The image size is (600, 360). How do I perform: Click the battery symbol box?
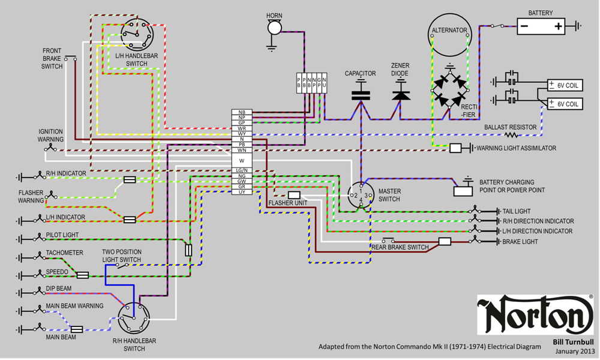click(x=541, y=26)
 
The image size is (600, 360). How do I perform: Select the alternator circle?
click(x=449, y=30)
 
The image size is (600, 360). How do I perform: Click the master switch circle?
click(x=361, y=196)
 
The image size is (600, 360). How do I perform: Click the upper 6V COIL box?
click(x=565, y=86)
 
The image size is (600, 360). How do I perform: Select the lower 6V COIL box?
click(x=565, y=104)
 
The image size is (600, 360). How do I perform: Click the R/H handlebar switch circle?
click(x=133, y=319)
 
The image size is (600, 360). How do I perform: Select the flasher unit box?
click(x=294, y=195)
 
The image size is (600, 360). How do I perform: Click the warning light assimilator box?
click(x=455, y=148)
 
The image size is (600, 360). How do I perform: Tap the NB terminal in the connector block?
click(x=242, y=112)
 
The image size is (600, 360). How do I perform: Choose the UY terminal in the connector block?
click(x=242, y=191)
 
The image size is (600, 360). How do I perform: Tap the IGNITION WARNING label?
click(x=51, y=135)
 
